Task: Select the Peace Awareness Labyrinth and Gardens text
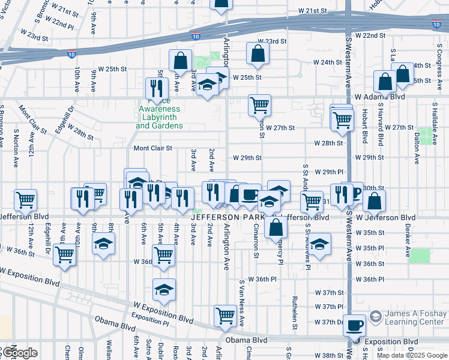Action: tap(159, 118)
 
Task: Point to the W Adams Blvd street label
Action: tap(379, 97)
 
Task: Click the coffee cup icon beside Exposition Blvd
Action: tap(355, 325)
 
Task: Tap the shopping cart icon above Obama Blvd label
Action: tap(225, 315)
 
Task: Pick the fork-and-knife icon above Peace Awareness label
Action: tap(155, 88)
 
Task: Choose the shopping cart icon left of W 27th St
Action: tap(259, 105)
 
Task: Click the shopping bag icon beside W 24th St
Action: tap(258, 53)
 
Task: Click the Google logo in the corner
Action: tap(19, 353)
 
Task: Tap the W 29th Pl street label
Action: tap(329, 172)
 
